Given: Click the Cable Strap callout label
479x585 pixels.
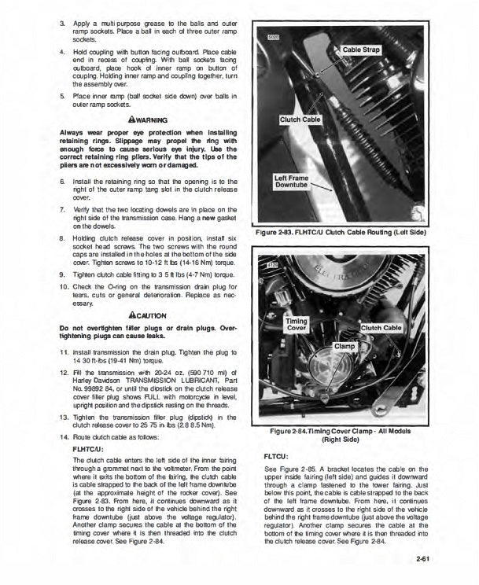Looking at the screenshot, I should tap(361, 50).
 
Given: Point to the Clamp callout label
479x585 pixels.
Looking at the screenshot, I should tap(345, 346).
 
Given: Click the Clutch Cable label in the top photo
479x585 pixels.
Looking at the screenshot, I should tap(300, 120).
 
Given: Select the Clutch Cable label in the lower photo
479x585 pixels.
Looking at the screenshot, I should tap(382, 327).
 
